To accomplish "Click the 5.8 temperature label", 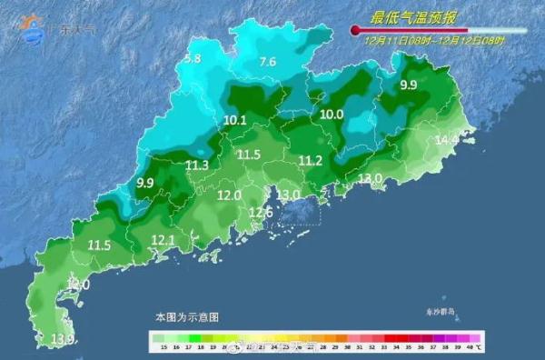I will tap(193, 60).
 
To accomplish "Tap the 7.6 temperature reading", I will tap(267, 63).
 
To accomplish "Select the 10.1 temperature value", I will tap(234, 120).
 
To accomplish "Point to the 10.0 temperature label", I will tap(332, 115).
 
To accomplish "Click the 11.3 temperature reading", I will tap(197, 165).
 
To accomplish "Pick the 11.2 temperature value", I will tap(311, 161).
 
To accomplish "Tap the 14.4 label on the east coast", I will tap(447, 140).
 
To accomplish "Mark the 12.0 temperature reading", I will tap(229, 195).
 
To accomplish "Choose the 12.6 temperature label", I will tap(261, 213).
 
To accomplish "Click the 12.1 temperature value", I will tap(163, 240).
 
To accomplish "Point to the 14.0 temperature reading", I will tap(78, 285).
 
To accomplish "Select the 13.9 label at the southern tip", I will tap(63, 339).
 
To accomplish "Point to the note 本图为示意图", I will tap(186, 317).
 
